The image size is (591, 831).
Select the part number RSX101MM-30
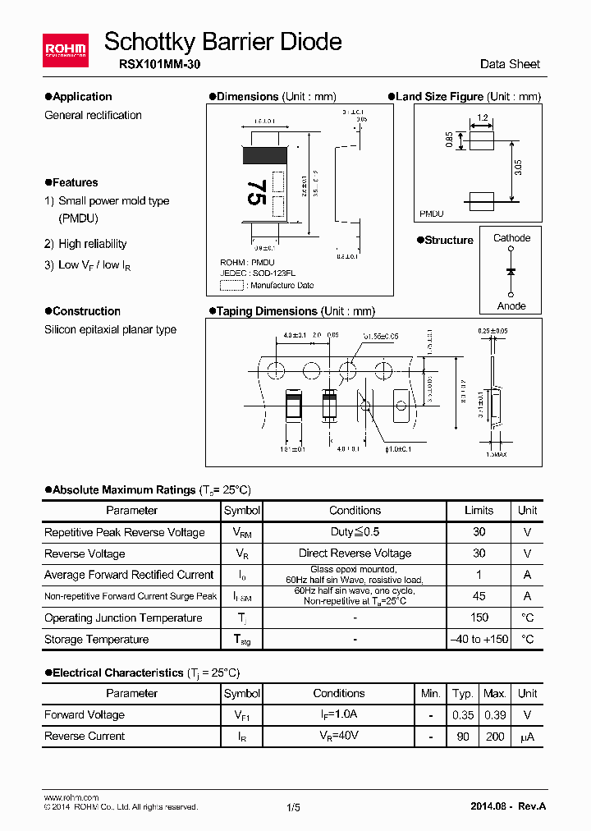point(152,64)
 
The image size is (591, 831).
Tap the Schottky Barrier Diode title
point(223,41)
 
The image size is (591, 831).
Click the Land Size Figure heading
point(439,96)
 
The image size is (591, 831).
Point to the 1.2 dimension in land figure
point(482,118)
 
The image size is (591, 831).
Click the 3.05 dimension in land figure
point(517,169)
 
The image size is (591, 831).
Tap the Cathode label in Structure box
point(511,238)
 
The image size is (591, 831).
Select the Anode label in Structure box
point(511,305)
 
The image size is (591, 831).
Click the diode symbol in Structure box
point(511,271)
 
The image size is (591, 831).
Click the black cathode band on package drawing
point(264,154)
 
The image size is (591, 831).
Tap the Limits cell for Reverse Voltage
point(479,553)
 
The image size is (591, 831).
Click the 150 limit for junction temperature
point(479,618)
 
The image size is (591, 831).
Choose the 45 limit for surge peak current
point(479,596)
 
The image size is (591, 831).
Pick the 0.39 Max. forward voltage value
point(495,714)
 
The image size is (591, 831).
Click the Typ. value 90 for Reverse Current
point(463,736)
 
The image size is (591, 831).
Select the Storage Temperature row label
point(96,639)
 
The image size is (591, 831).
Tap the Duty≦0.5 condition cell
point(355,532)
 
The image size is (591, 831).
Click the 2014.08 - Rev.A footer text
point(508,806)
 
